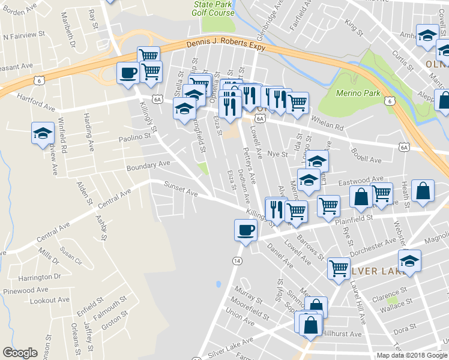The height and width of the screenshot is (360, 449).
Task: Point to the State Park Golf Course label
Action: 214,8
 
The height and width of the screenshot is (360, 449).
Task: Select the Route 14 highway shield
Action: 237,261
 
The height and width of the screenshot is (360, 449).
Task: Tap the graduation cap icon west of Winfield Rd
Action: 43,133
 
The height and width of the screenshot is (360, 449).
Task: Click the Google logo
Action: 20,353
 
